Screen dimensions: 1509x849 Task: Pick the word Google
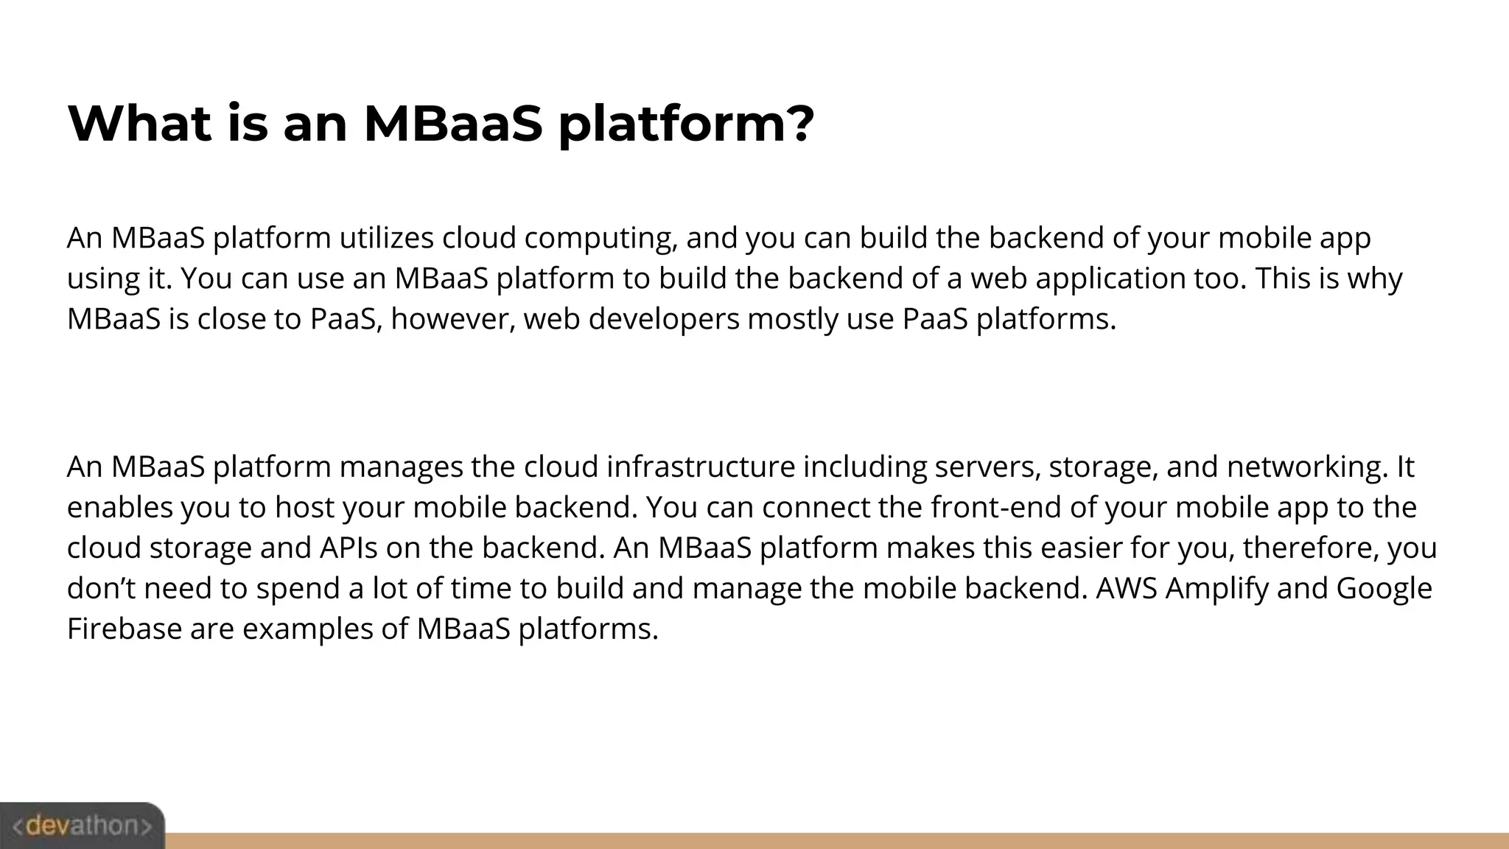click(1384, 589)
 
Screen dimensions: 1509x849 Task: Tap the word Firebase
click(124, 629)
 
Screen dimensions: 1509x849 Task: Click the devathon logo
click(82, 825)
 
